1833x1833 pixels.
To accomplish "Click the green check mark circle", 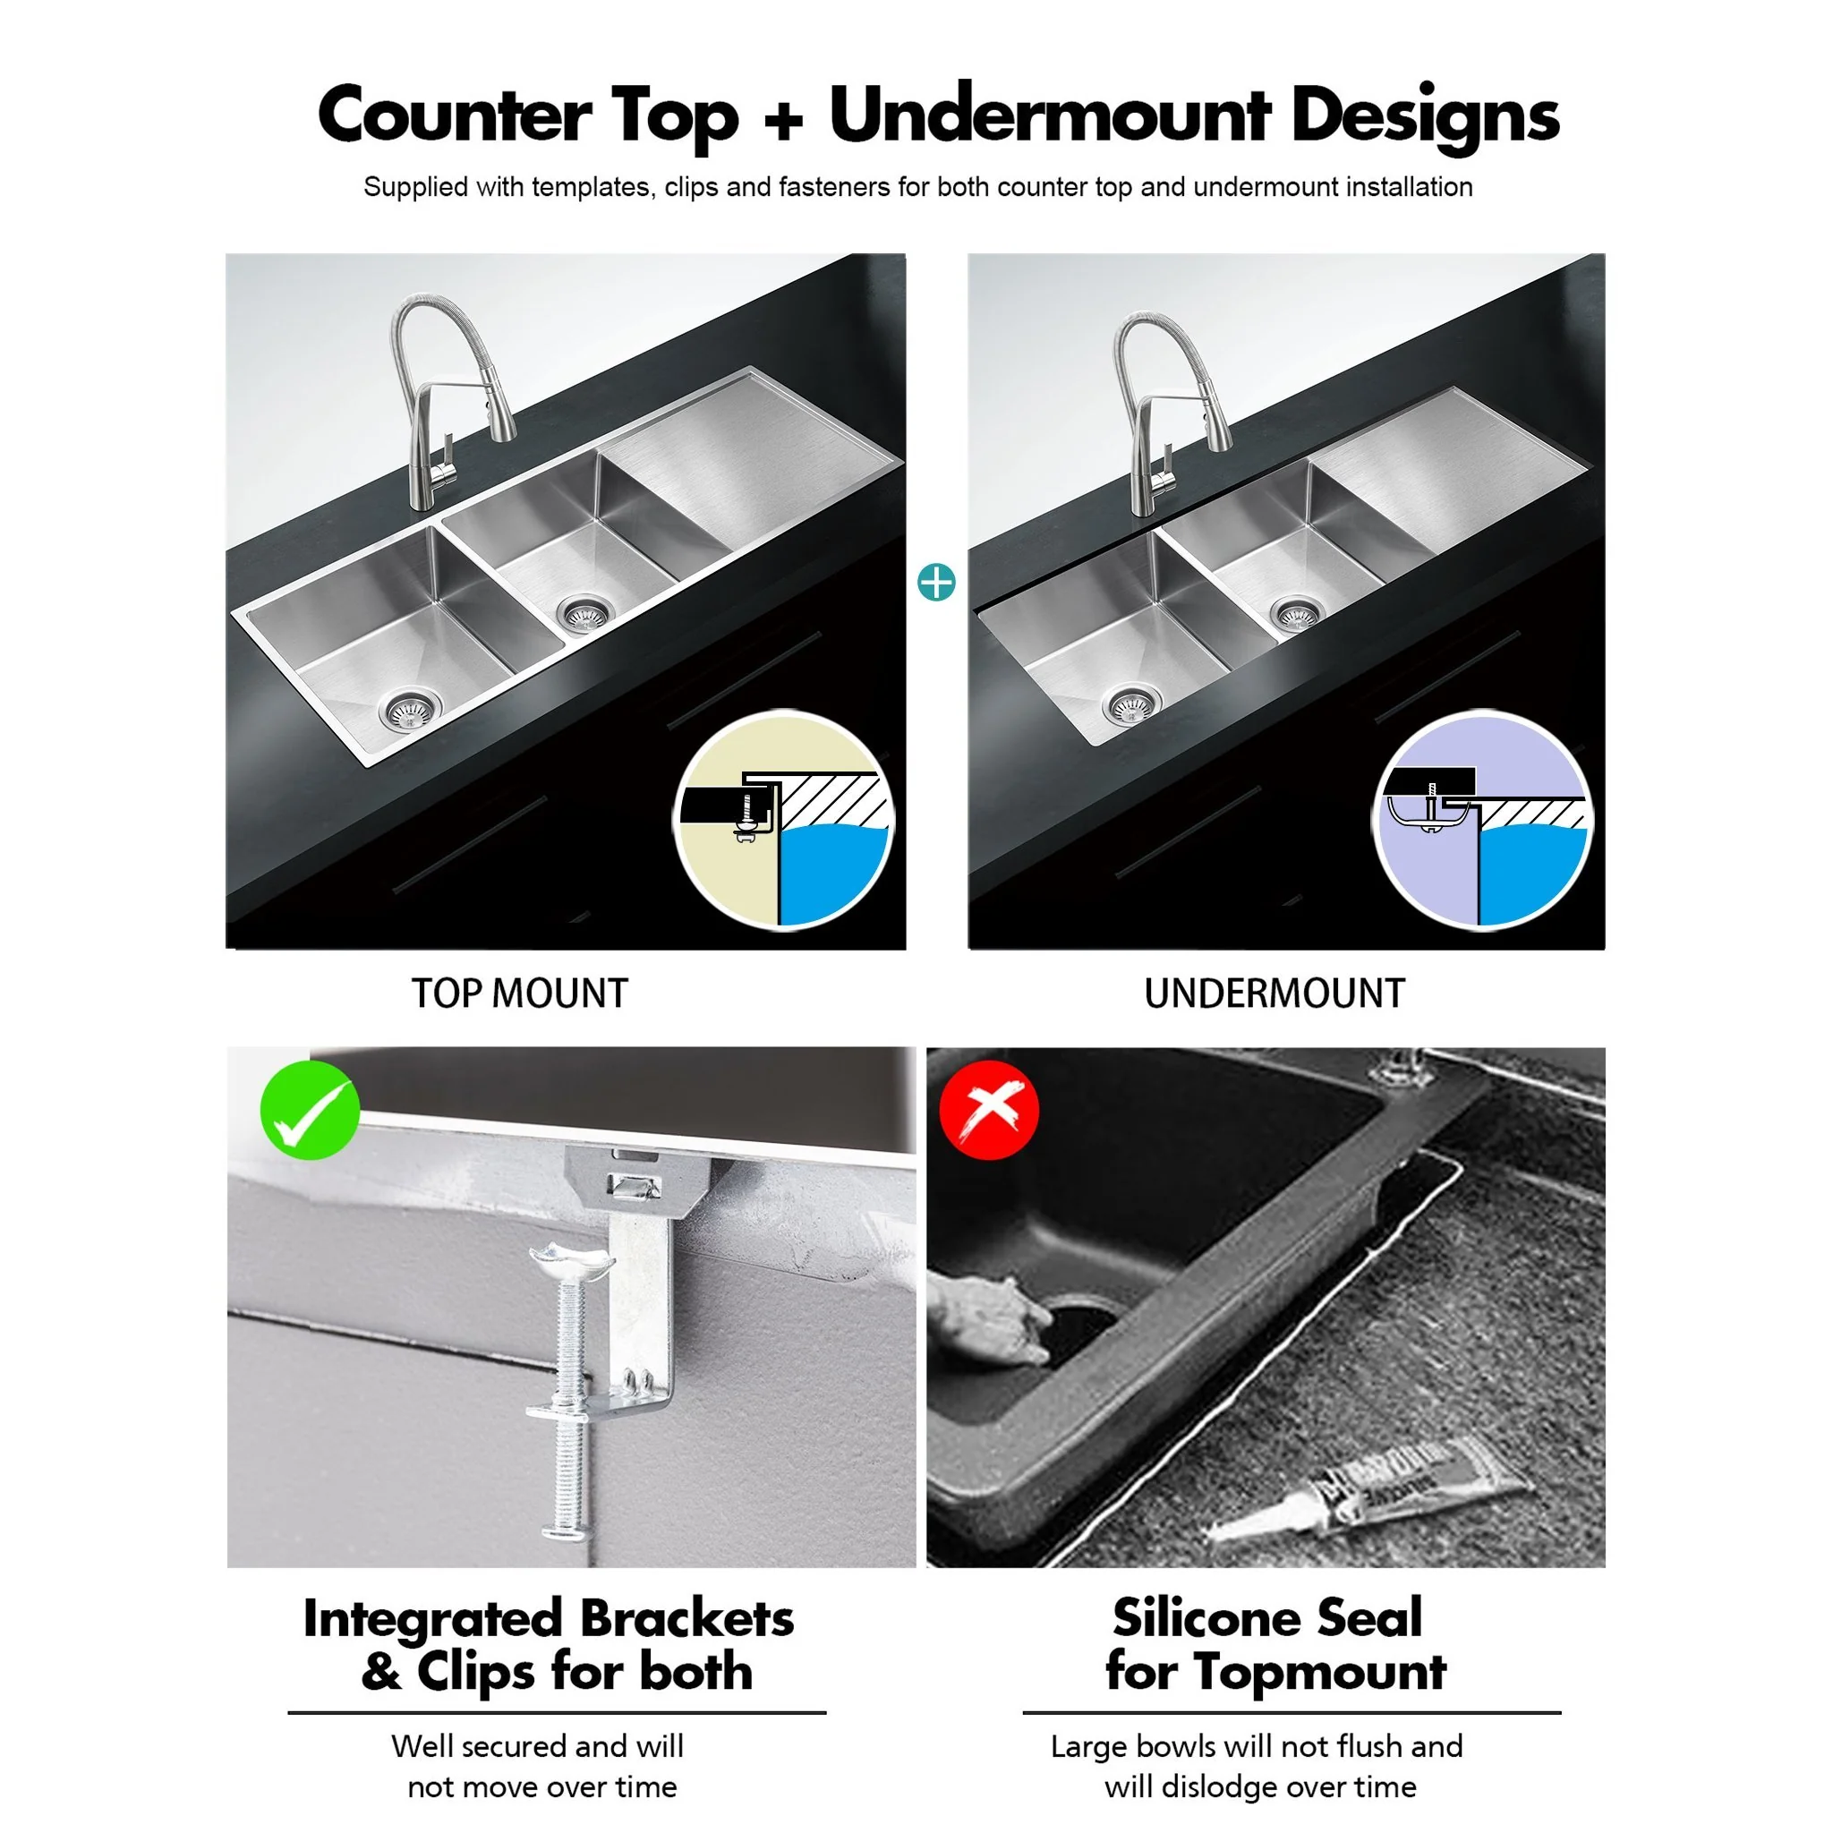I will click(311, 1110).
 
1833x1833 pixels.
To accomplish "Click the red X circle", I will click(989, 1110).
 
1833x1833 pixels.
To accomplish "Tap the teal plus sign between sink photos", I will click(936, 583).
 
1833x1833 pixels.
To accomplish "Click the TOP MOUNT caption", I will click(519, 994).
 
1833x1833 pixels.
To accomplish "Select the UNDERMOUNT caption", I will click(1274, 994).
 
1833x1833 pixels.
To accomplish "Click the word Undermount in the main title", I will click(1049, 115).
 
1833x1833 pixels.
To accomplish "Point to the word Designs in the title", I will click(1424, 115).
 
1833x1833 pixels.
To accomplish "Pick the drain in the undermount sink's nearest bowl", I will click(1131, 705).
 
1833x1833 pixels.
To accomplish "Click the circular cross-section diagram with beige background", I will click(784, 820).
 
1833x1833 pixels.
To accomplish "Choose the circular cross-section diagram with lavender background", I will click(1482, 820).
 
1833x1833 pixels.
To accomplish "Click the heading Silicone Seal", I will click(1266, 1616).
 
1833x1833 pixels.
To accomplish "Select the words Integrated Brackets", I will click(548, 1618).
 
